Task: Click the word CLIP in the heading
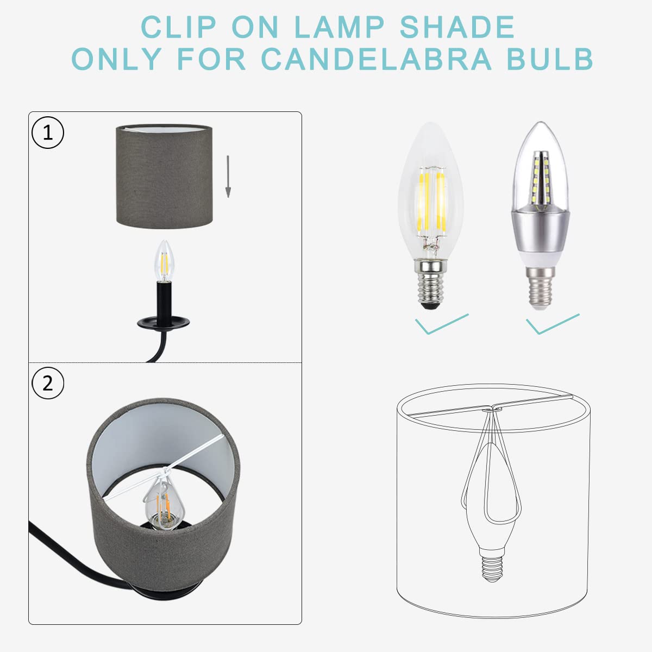178,27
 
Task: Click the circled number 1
48,133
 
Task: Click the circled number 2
48,384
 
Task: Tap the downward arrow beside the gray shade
228,176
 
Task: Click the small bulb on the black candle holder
162,261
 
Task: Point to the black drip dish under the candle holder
162,323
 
